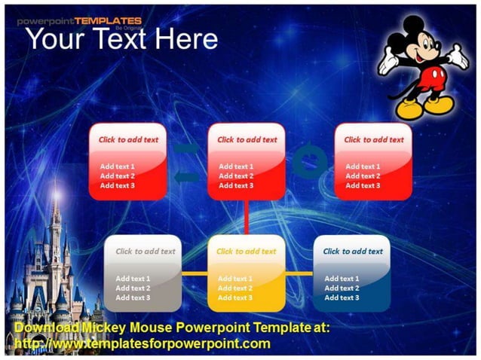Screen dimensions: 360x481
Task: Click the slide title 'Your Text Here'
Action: (x=122, y=38)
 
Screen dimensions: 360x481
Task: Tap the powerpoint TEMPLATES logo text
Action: (x=79, y=20)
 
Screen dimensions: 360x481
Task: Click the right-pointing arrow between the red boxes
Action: (x=187, y=148)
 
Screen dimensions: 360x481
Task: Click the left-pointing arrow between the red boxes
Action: (x=187, y=177)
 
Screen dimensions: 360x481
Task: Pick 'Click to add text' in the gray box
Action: (x=145, y=252)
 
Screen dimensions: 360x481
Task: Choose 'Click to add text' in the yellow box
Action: (x=246, y=252)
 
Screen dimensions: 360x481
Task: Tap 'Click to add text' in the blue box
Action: (x=353, y=252)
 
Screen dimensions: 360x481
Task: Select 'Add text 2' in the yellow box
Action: (x=235, y=288)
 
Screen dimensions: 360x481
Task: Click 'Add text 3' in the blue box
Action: (x=342, y=297)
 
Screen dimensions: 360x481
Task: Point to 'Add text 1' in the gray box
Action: (x=133, y=278)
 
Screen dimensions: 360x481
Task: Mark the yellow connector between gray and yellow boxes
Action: (x=195, y=273)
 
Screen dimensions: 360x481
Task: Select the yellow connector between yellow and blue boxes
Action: (x=299, y=273)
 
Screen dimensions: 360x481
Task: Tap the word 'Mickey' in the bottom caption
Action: (x=102, y=328)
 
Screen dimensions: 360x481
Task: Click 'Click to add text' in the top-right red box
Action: (x=374, y=139)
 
